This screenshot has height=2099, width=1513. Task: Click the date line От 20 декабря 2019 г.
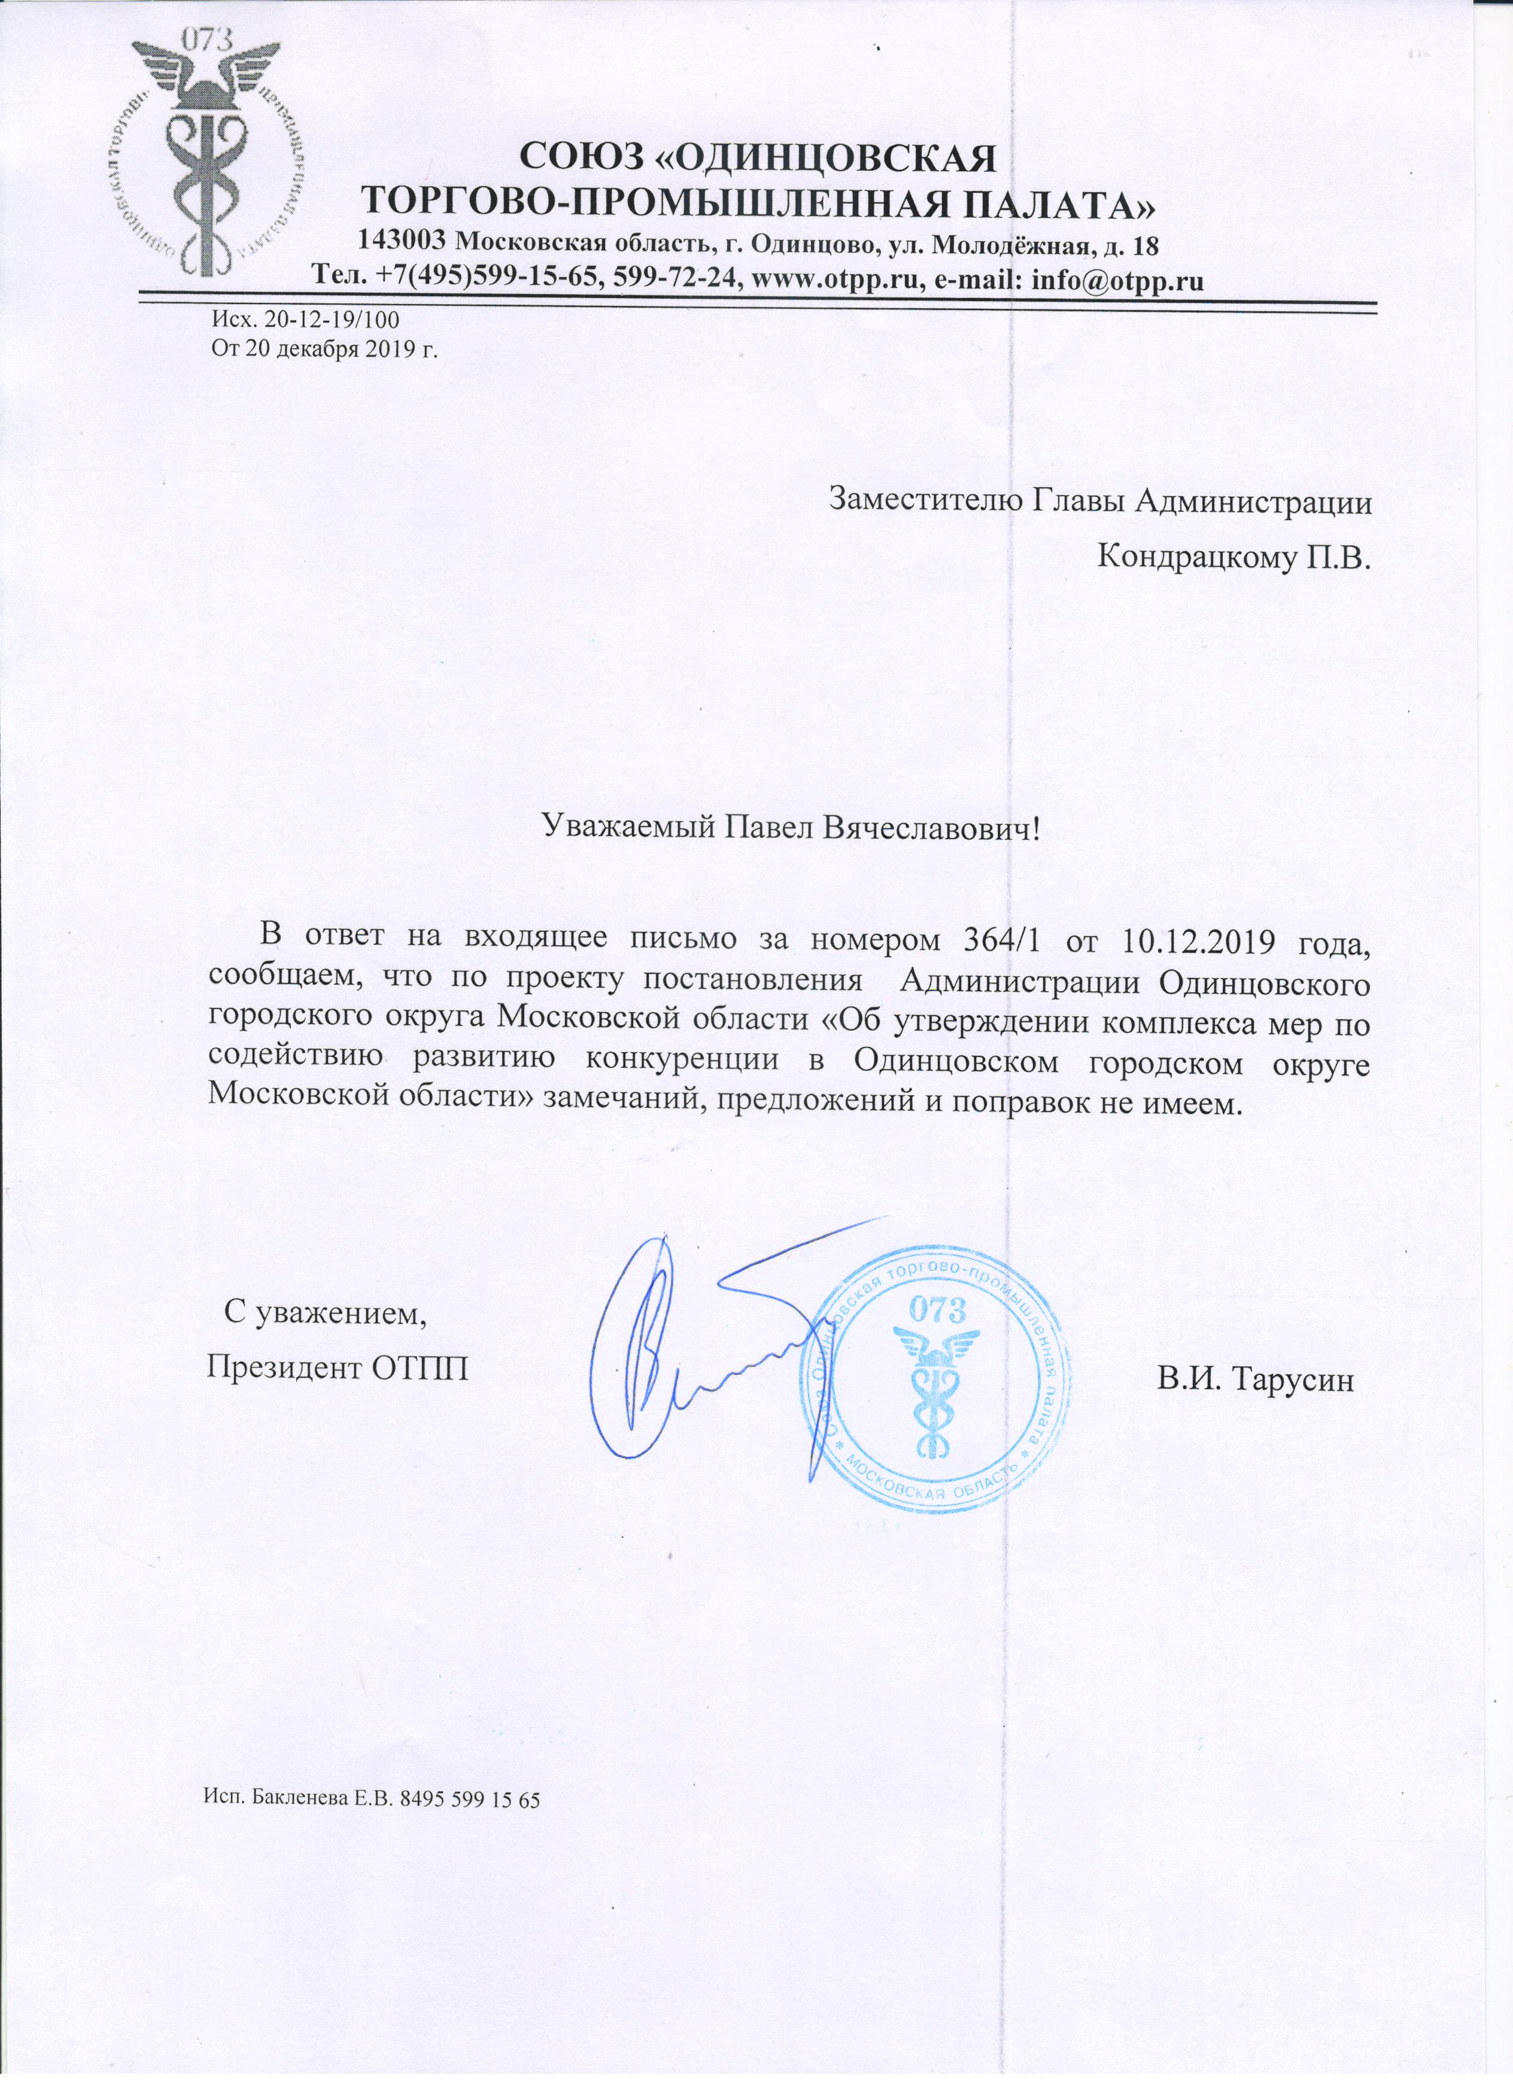point(324,350)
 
